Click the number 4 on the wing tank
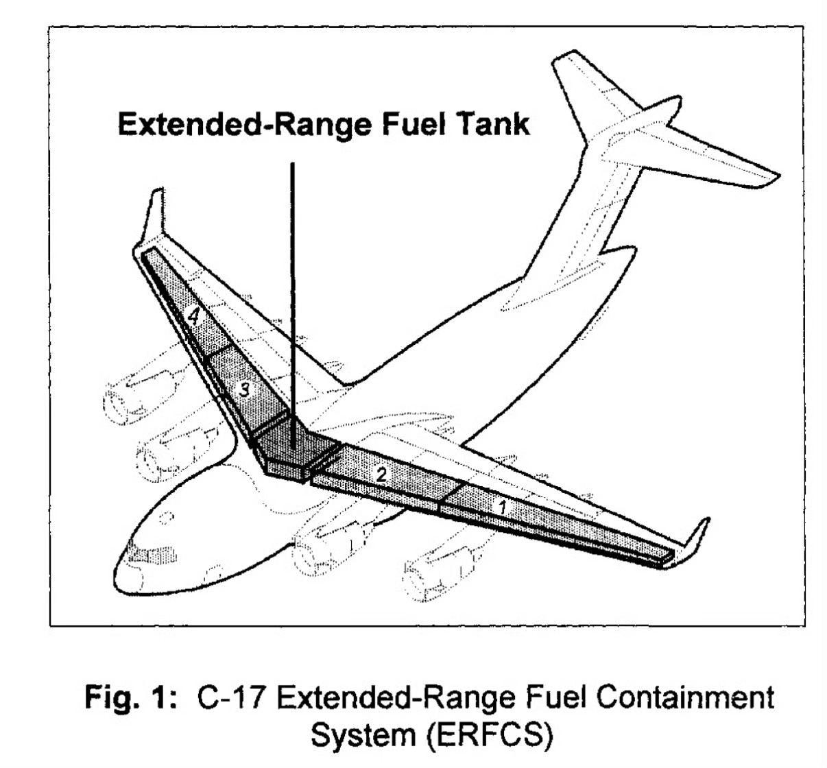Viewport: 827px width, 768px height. coord(195,317)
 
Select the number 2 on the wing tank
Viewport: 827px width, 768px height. coord(382,473)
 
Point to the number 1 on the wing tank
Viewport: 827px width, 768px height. coord(503,507)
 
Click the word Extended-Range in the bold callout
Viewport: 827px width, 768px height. coord(237,125)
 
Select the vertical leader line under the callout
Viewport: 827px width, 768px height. coord(293,288)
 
